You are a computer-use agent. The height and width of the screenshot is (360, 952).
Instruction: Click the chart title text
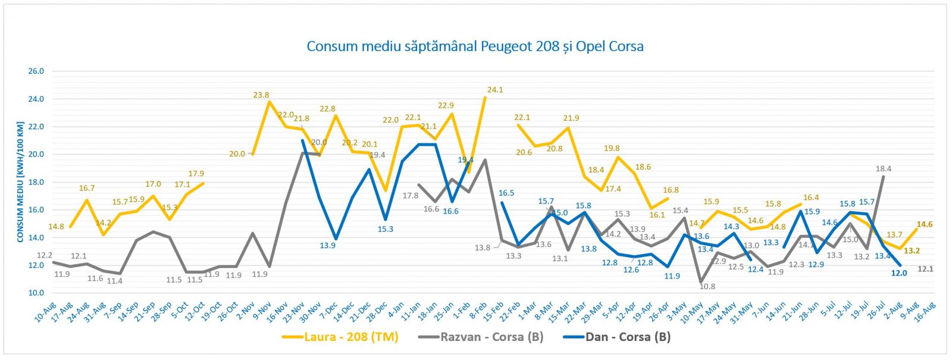click(475, 46)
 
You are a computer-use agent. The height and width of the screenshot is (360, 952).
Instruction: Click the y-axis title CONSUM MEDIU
click(20, 182)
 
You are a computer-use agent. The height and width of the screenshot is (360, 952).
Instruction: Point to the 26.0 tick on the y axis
click(36, 71)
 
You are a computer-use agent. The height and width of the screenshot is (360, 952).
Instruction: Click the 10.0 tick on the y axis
click(36, 293)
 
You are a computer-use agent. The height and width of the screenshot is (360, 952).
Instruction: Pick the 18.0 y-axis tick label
click(36, 182)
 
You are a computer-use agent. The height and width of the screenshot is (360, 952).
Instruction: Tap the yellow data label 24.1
click(495, 90)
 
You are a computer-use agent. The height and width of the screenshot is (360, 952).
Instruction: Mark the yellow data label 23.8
click(261, 95)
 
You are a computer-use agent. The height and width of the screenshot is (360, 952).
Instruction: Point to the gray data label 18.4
click(884, 169)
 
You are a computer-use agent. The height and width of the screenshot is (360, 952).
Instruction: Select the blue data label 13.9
click(327, 245)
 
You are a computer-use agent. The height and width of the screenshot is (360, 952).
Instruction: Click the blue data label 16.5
click(506, 193)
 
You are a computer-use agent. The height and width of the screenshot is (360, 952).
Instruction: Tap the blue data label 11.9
click(672, 276)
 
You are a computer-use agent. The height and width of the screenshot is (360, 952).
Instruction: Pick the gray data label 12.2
click(45, 255)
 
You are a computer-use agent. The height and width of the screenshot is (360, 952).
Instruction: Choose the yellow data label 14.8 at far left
click(56, 227)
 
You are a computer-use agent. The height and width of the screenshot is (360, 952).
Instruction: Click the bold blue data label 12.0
click(899, 273)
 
